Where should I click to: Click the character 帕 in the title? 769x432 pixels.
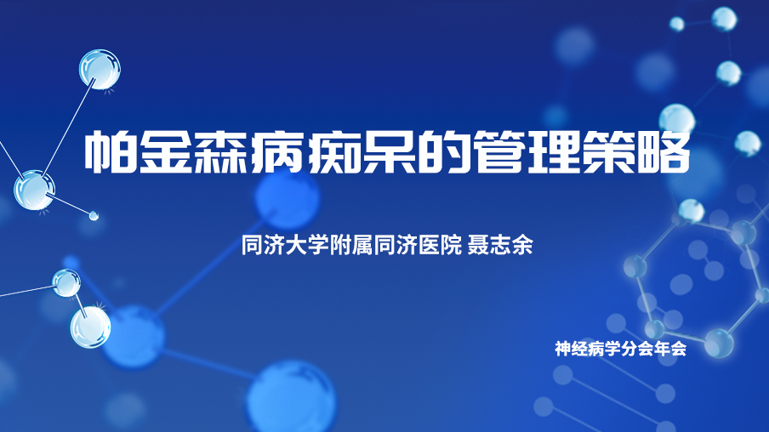pos(110,151)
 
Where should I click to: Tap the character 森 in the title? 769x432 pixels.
pos(220,151)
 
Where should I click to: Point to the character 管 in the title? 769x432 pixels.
pos(499,151)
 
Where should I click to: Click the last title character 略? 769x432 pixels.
pos(664,151)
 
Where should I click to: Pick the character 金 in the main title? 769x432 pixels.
pos(165,151)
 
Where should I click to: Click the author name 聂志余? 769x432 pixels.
pos(499,245)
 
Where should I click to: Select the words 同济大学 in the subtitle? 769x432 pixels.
pos(286,245)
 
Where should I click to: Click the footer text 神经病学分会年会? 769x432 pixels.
pos(620,349)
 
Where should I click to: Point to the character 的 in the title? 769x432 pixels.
pos(443,151)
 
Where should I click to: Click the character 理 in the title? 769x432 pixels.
pos(555,151)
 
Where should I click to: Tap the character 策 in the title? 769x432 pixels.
pos(610,151)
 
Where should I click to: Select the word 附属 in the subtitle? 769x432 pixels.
pos(351,245)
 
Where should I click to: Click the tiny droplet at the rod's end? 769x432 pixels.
pos(94,215)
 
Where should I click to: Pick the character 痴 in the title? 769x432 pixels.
pos(333,151)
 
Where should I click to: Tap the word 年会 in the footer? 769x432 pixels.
pos(670,349)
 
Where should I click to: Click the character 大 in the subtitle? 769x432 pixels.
pos(296,245)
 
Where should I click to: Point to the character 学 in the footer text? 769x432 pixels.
pos(612,349)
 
